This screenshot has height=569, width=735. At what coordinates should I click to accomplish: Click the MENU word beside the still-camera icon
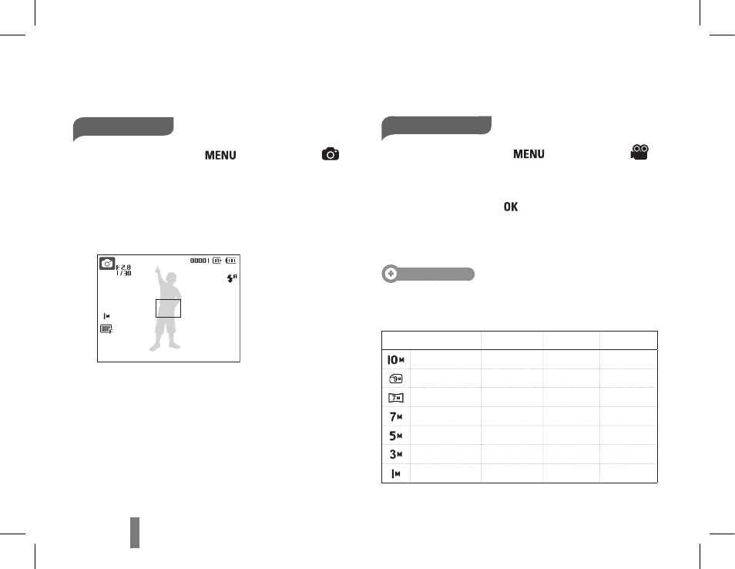pyautogui.click(x=220, y=155)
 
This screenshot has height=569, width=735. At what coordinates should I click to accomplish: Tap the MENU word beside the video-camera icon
pyautogui.click(x=529, y=154)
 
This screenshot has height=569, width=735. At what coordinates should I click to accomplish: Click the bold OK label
pyautogui.click(x=511, y=207)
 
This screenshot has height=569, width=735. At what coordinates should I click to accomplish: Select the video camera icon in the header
pyautogui.click(x=639, y=153)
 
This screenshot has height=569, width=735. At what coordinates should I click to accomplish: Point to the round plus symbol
pyautogui.click(x=391, y=274)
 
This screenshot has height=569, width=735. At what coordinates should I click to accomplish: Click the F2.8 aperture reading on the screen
pyautogui.click(x=124, y=268)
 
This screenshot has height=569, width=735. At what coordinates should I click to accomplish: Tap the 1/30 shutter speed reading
pyautogui.click(x=124, y=273)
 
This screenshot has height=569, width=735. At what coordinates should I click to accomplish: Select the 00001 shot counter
pyautogui.click(x=200, y=261)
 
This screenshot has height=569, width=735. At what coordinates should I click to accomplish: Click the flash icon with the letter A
pyautogui.click(x=232, y=278)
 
